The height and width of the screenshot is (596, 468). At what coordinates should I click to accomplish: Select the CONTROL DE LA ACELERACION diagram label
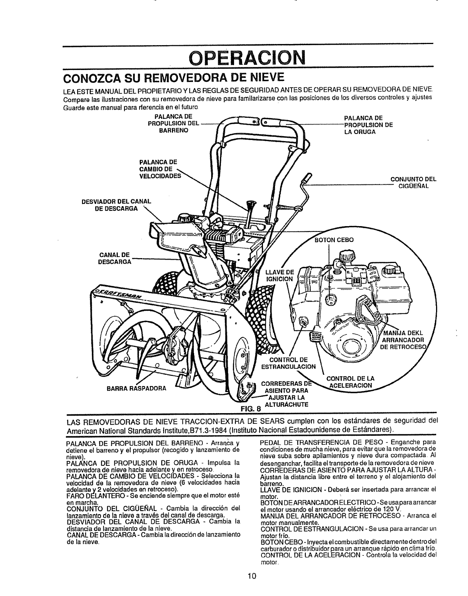pyautogui.click(x=350, y=382)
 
